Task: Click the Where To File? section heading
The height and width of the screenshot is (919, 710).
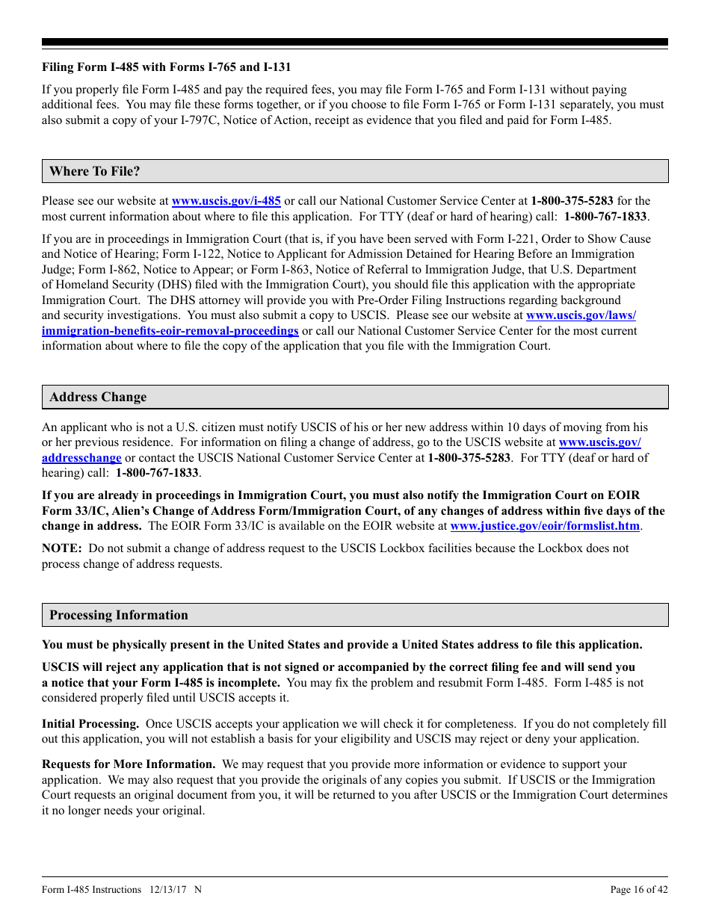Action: click(95, 171)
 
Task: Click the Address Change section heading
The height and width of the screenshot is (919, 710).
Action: click(98, 397)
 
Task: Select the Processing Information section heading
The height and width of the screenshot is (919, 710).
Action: click(119, 615)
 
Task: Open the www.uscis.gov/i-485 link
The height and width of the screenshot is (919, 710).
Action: click(226, 201)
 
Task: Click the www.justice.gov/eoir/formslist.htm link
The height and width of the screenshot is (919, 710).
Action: click(545, 526)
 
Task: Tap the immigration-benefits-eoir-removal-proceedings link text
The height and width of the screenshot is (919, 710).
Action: click(170, 331)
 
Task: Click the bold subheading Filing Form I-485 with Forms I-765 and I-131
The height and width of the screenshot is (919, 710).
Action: click(166, 67)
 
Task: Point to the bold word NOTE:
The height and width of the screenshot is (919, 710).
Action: click(62, 548)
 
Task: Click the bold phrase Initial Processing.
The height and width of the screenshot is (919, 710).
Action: click(90, 724)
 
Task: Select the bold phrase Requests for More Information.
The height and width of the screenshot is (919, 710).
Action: click(129, 764)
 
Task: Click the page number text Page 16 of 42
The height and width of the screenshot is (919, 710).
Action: click(639, 889)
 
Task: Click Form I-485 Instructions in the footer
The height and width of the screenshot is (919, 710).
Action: click(91, 889)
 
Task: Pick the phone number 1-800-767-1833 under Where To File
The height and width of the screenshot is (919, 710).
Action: click(605, 217)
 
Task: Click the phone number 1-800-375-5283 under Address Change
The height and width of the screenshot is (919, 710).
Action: click(469, 458)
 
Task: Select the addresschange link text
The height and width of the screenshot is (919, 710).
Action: click(81, 458)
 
